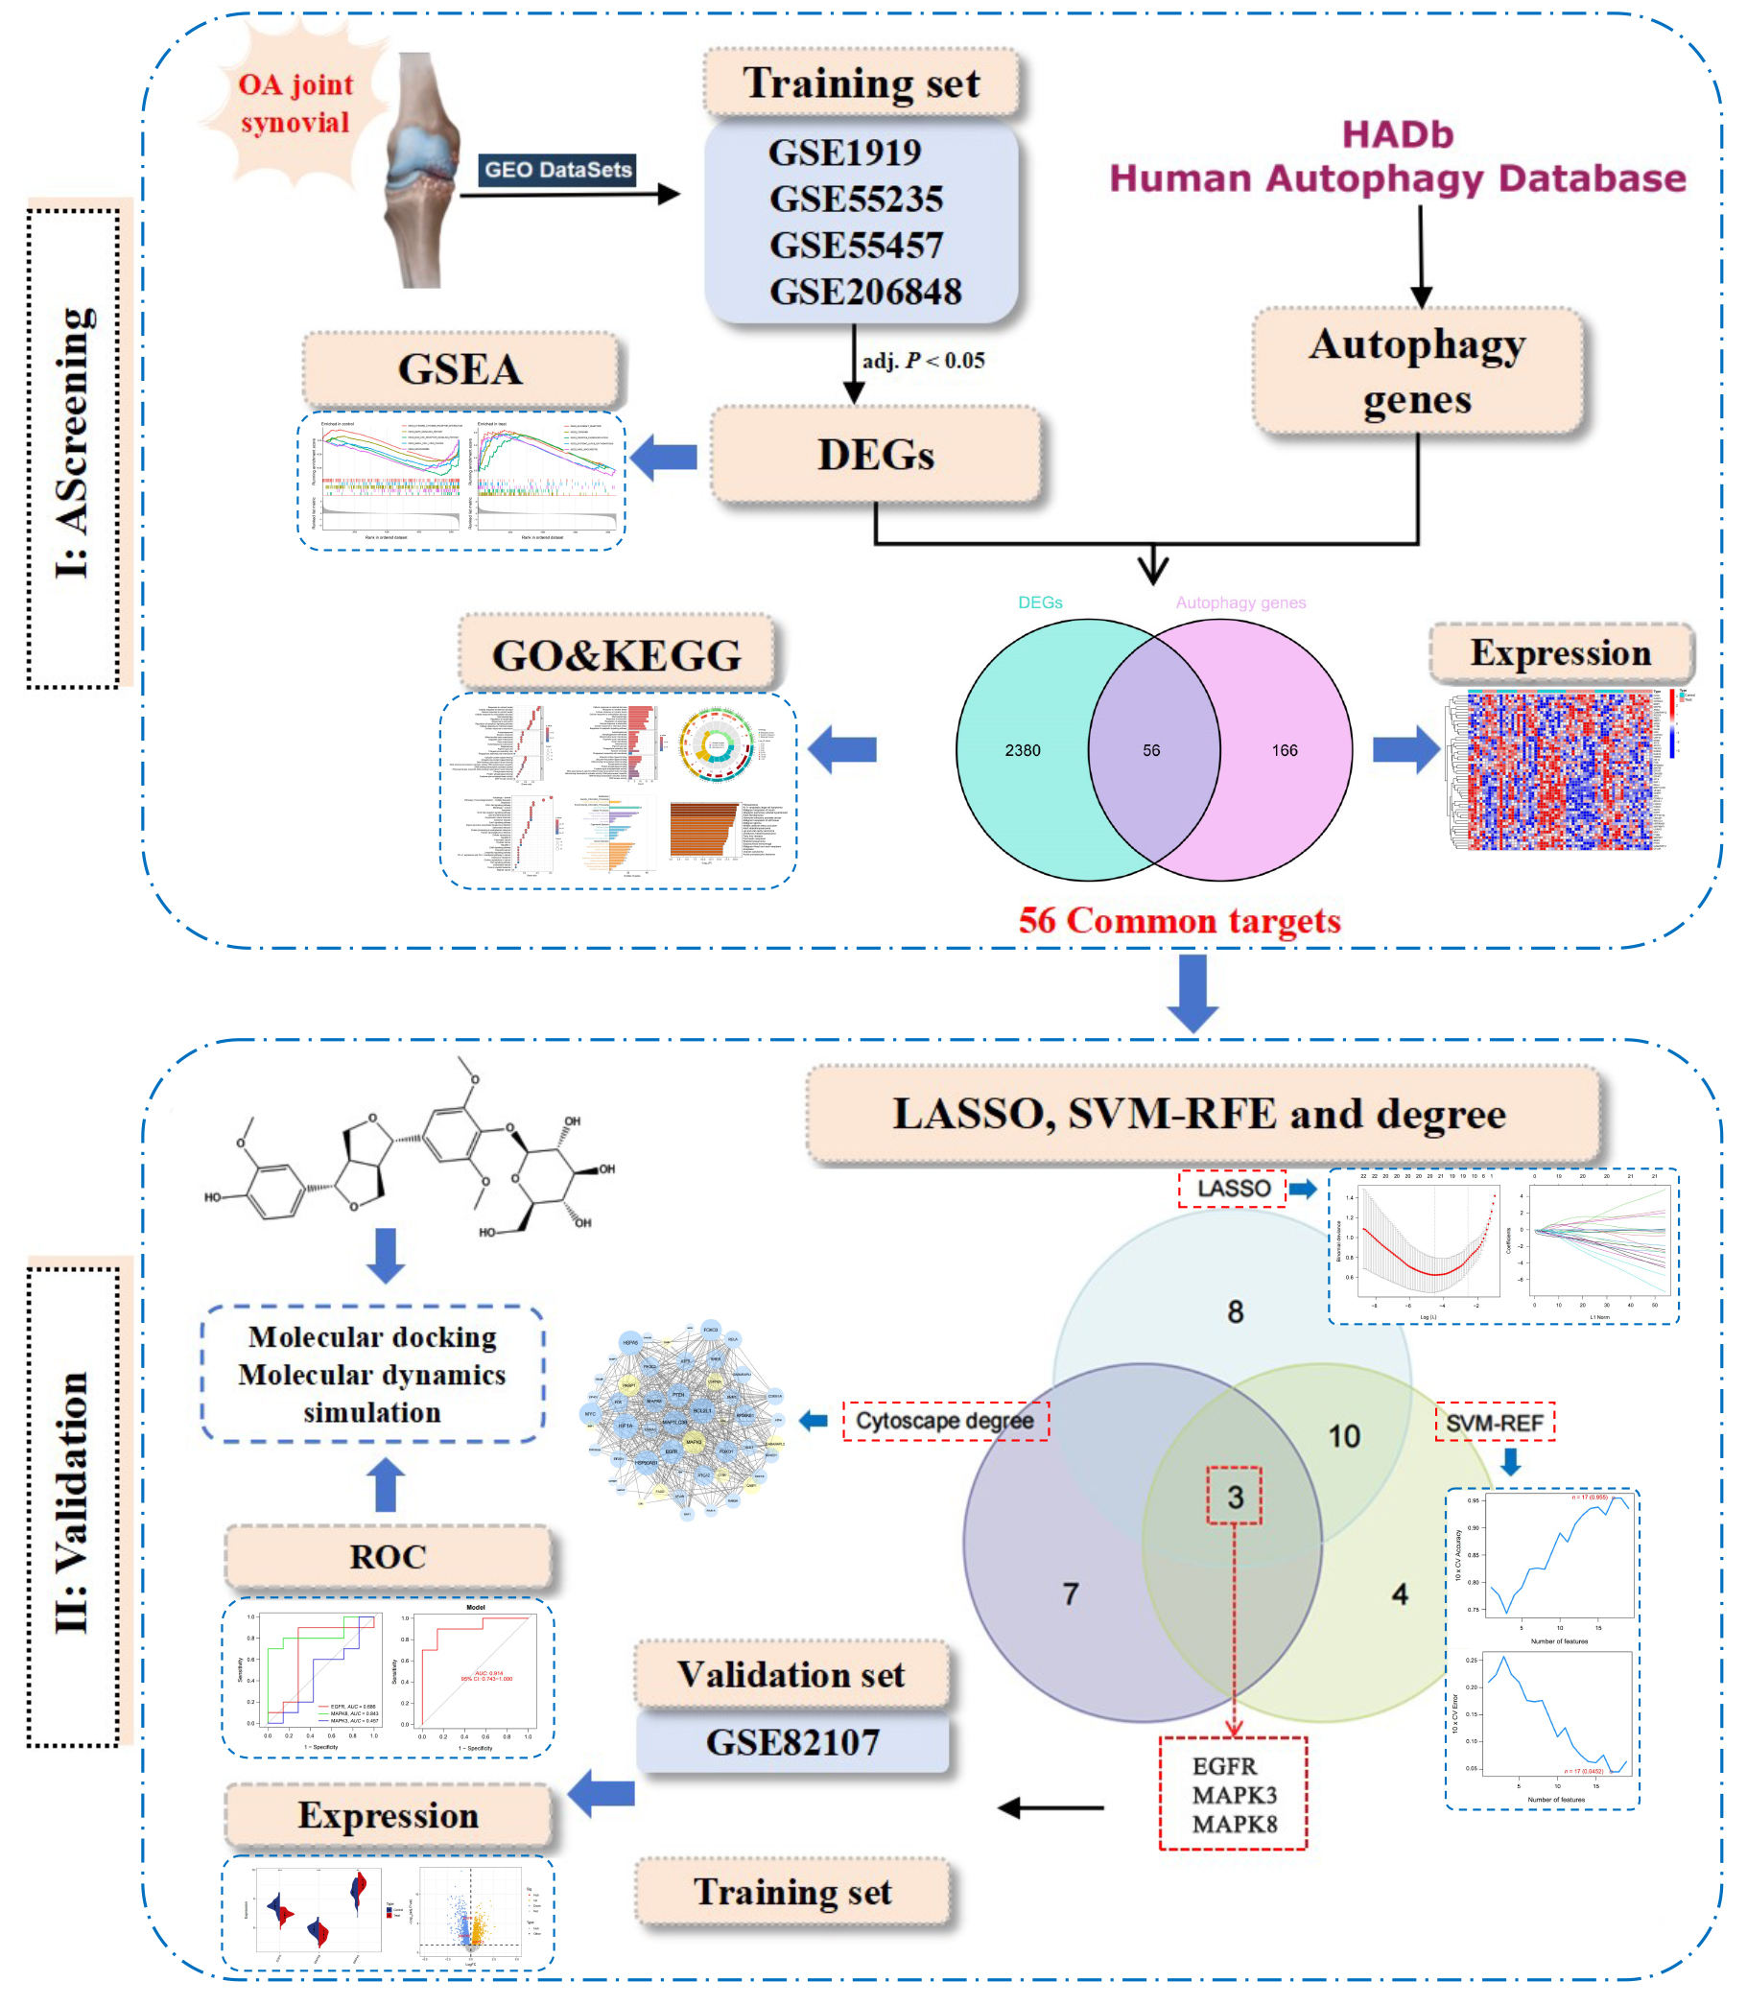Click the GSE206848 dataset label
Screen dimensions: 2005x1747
click(x=864, y=292)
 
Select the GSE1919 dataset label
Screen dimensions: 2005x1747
click(x=844, y=153)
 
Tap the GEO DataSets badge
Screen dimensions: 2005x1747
click(x=557, y=170)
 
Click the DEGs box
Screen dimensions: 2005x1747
click(x=876, y=455)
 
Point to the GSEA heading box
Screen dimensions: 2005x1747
click(x=460, y=369)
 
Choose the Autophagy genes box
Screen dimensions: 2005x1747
click(x=1417, y=371)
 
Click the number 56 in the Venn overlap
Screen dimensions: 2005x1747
click(x=1151, y=750)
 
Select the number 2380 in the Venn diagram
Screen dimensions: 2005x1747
click(x=1023, y=750)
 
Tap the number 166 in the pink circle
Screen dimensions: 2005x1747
click(x=1284, y=750)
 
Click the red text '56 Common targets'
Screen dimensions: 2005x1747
click(x=1180, y=920)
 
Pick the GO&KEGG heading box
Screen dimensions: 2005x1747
click(x=616, y=655)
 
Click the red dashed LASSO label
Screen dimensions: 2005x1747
click(x=1233, y=1189)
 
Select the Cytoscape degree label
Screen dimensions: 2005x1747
click(x=945, y=1420)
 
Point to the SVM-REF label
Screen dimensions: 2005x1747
click(x=1494, y=1423)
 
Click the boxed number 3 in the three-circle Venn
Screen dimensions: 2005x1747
click(x=1234, y=1497)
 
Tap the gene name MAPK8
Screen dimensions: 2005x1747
click(x=1234, y=1824)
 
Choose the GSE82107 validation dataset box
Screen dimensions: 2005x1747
click(x=792, y=1742)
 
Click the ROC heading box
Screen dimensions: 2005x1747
click(x=388, y=1557)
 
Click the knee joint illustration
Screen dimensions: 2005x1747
click(x=423, y=171)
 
